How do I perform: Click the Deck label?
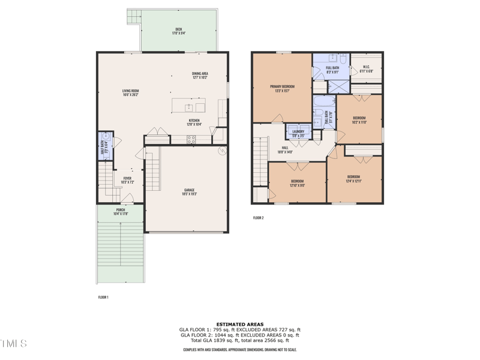(x=178, y=31)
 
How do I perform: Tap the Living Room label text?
(x=131, y=92)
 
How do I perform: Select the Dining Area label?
(x=200, y=76)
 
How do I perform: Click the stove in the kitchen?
(x=191, y=139)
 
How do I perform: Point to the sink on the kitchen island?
(x=189, y=107)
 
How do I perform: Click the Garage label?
(x=188, y=192)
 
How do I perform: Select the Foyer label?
(x=127, y=179)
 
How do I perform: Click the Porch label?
(x=120, y=212)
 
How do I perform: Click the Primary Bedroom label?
(x=282, y=88)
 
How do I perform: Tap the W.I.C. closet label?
(x=366, y=68)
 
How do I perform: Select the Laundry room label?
(x=298, y=133)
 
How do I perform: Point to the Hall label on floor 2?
(x=285, y=149)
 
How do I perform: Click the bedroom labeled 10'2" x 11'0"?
(x=359, y=119)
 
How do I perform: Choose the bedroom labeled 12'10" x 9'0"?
(x=297, y=183)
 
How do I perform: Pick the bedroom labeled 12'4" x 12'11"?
(x=353, y=179)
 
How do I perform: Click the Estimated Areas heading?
(x=239, y=325)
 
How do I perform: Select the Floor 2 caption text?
(x=258, y=218)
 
